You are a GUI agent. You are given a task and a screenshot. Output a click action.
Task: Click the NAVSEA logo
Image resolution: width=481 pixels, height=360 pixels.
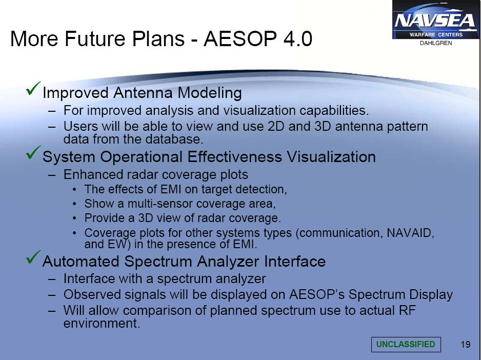click(435, 19)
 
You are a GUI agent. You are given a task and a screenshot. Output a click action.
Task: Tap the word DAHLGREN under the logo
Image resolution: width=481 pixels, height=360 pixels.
click(435, 43)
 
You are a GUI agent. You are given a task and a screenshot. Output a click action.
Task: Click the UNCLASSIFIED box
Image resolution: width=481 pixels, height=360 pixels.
click(406, 344)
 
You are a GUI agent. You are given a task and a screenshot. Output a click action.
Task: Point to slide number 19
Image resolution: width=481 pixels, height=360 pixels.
click(465, 344)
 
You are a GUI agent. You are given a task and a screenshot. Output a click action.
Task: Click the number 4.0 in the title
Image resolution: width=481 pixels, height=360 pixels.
click(297, 39)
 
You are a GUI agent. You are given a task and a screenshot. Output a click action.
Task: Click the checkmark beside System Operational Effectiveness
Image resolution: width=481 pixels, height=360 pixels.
click(33, 152)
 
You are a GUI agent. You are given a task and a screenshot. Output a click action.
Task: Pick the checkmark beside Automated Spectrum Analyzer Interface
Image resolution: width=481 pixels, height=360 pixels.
click(33, 257)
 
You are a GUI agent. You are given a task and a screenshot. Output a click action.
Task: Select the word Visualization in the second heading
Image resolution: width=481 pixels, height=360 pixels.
click(331, 157)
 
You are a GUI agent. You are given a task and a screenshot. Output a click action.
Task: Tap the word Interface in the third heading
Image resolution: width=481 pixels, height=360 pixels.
click(295, 262)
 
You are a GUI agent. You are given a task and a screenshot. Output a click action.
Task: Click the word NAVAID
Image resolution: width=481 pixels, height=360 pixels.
click(410, 233)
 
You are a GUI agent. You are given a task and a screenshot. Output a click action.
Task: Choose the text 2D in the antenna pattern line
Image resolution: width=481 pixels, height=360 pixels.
click(276, 127)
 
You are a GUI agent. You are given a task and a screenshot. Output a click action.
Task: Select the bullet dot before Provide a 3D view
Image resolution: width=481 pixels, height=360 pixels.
click(74, 218)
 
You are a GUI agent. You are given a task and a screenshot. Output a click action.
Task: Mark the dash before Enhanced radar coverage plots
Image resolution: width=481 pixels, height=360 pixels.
click(52, 175)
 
